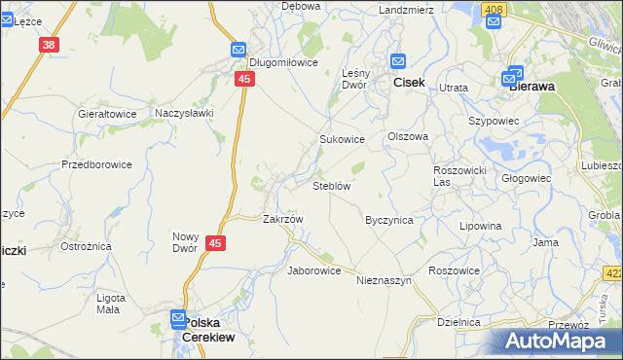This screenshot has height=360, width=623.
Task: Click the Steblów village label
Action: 331,185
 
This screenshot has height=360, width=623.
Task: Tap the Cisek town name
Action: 409,84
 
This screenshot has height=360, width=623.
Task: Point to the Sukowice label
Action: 343,139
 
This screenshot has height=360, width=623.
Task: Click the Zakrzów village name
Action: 283,219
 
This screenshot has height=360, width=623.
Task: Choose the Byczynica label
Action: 389,220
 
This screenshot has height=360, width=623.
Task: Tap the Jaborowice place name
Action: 313,270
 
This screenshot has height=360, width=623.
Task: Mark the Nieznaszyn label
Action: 385,280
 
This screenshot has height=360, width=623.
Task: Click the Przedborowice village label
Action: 96,164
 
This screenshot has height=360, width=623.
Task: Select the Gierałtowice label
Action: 107,114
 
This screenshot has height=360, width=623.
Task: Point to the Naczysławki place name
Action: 184,114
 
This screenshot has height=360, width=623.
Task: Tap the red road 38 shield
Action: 50,45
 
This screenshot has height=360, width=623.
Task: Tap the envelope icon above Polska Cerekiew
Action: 178,317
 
